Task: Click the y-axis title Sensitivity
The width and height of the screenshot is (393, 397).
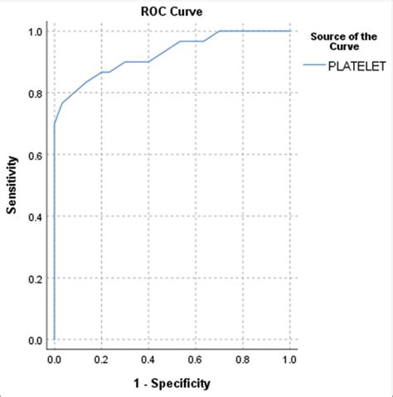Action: pos(12,186)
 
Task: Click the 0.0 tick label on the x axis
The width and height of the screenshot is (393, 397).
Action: pos(55,361)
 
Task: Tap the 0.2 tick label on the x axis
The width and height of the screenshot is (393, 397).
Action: pos(102,361)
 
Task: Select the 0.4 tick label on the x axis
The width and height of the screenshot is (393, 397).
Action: pos(149,361)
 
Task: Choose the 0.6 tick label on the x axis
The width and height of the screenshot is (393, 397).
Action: pos(196,361)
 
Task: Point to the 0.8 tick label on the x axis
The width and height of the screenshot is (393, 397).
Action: pos(243,361)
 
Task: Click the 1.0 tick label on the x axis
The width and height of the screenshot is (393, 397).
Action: pos(289,361)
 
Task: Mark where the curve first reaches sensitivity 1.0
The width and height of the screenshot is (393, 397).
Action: pos(219,31)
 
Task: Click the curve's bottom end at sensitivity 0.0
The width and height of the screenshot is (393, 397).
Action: pos(55,340)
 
